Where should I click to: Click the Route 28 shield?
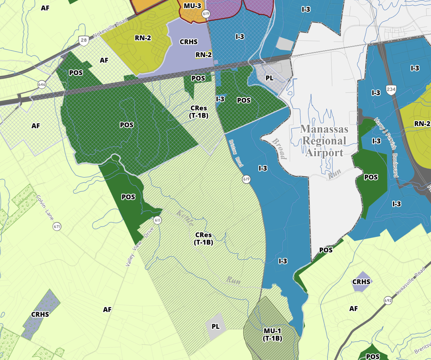[x=84, y=41]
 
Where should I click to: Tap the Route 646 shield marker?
[x=42, y=84]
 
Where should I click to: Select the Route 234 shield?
[x=391, y=89]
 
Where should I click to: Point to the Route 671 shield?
[x=57, y=227]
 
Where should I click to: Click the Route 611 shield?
[x=157, y=220]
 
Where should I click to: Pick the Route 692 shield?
[x=388, y=301]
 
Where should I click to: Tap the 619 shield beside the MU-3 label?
[x=206, y=14]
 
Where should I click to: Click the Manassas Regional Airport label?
[x=324, y=141]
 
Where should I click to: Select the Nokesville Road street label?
[x=110, y=27]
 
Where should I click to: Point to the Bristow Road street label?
[x=236, y=153]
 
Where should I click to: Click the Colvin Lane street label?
[x=45, y=207]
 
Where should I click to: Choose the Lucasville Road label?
[x=410, y=283]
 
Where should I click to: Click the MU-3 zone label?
[x=192, y=6]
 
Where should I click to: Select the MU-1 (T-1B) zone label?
[x=272, y=335]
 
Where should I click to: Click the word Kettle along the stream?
[x=185, y=218]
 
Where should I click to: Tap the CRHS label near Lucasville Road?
[x=361, y=282]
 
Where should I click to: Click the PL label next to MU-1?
[x=215, y=326]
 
